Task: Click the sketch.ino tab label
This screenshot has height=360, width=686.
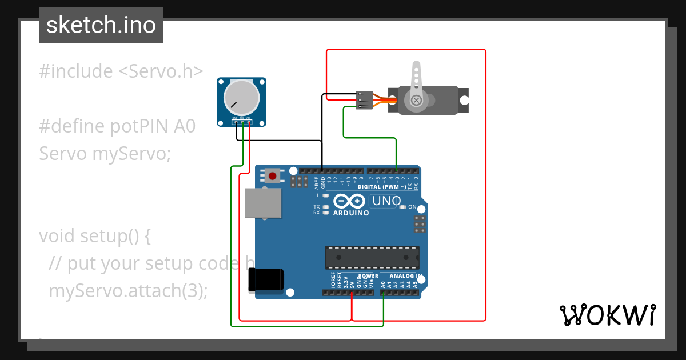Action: click(101, 25)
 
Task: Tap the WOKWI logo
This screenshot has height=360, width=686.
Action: click(607, 315)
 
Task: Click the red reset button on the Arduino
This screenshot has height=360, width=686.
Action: click(273, 176)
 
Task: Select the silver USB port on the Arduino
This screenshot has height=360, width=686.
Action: click(263, 203)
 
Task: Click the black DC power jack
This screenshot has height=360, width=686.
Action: click(266, 280)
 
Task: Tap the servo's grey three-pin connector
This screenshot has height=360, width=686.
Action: click(364, 100)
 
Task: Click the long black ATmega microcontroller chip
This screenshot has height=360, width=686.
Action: click(372, 258)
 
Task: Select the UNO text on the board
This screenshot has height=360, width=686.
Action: click(386, 201)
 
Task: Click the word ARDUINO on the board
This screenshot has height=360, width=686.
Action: click(350, 213)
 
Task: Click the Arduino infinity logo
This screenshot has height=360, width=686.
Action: click(349, 201)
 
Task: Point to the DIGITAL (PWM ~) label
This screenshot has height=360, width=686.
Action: click(382, 187)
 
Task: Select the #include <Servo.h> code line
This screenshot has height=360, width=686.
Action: click(121, 71)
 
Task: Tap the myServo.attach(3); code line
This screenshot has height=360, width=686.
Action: click(128, 290)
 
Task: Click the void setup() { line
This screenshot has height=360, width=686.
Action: click(95, 235)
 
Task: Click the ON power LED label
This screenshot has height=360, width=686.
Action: click(412, 207)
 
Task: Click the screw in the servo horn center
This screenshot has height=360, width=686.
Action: click(417, 101)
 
